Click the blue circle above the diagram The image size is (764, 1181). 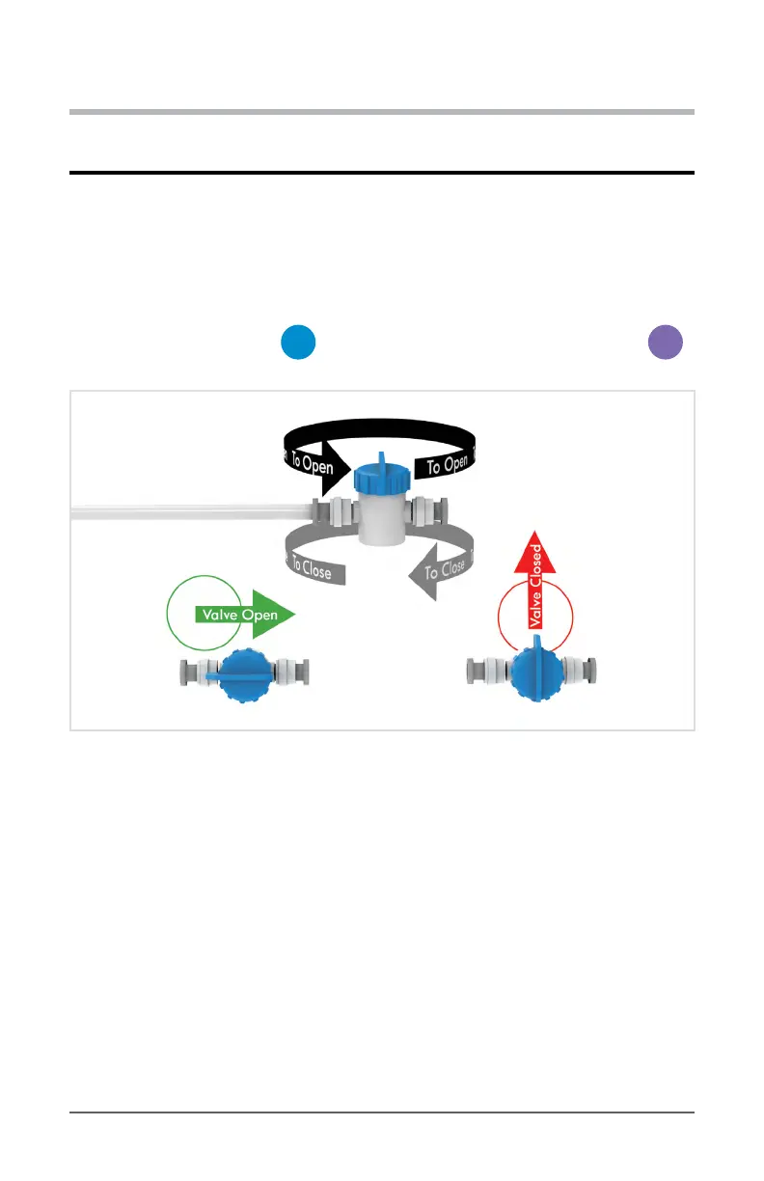(299, 343)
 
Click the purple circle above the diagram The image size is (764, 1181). (665, 343)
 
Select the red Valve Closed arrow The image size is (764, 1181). (537, 579)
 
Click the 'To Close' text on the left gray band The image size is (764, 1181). (311, 568)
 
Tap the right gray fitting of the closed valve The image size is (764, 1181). (584, 670)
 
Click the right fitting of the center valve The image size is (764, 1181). (426, 510)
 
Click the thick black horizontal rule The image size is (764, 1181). (382, 174)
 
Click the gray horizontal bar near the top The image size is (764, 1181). (382, 112)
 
